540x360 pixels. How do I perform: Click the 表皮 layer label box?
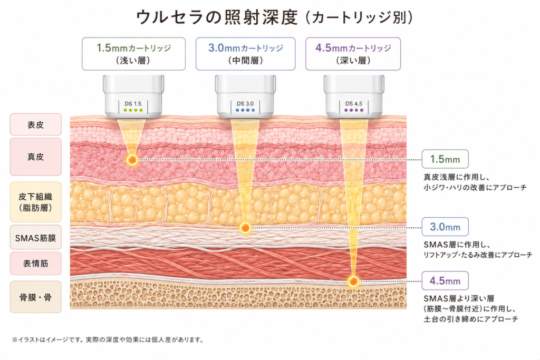(36, 124)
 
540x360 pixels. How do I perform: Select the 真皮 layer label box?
(36, 157)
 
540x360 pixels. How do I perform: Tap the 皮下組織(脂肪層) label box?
(36, 202)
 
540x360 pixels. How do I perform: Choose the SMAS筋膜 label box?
(36, 238)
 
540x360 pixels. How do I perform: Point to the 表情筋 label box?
(36, 264)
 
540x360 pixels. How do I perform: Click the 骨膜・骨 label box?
(36, 297)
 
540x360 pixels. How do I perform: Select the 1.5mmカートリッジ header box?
(133, 54)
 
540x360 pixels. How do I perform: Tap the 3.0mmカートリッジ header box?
(246, 54)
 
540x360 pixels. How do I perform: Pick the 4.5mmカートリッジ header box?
(353, 54)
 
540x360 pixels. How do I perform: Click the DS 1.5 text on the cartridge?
(133, 104)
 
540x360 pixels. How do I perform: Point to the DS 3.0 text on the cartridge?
(245, 104)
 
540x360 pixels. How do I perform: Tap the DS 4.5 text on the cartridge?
(354, 104)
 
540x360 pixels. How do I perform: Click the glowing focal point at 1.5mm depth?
(132, 160)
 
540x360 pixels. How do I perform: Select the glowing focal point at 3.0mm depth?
(245, 228)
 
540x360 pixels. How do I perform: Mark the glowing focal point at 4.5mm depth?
(353, 281)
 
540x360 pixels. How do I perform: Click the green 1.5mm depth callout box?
(445, 159)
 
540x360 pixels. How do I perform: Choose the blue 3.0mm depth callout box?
(445, 227)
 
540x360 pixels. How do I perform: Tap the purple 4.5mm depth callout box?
(445, 281)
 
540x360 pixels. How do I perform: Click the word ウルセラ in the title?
(169, 17)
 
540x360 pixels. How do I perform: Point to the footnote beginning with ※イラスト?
(108, 339)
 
